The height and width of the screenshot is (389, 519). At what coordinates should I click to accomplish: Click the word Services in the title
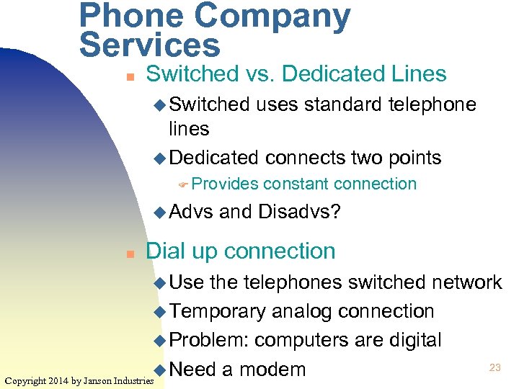[x=150, y=45]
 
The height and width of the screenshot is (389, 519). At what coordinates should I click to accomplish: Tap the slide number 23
[x=494, y=367]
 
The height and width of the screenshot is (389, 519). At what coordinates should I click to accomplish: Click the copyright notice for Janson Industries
[x=79, y=380]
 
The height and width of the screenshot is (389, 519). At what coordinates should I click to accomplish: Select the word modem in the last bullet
[x=272, y=370]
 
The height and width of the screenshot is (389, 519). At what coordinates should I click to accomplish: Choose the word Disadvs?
[x=309, y=212]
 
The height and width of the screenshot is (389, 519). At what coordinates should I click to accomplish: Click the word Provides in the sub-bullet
[x=225, y=184]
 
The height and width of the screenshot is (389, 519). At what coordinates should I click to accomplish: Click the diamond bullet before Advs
[x=161, y=213]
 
